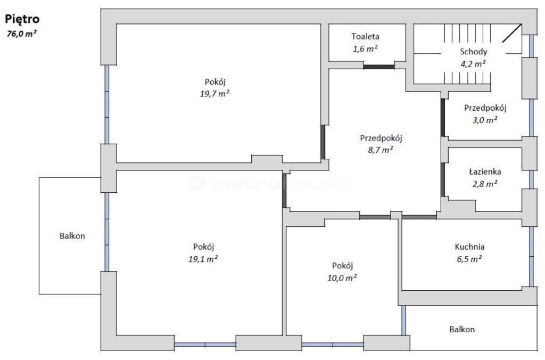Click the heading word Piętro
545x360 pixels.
pyautogui.click(x=22, y=19)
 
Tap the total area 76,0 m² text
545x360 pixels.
pyautogui.click(x=22, y=34)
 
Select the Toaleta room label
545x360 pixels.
pyautogui.click(x=365, y=37)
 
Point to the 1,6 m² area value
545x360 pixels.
pyautogui.click(x=365, y=48)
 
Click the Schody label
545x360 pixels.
pyautogui.click(x=473, y=52)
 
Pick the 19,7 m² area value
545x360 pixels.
pyautogui.click(x=214, y=94)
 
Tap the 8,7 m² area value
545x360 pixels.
pyautogui.click(x=381, y=150)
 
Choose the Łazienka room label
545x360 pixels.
pyautogui.click(x=485, y=171)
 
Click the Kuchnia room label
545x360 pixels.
pyautogui.click(x=469, y=247)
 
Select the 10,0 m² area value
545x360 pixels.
pyautogui.click(x=342, y=278)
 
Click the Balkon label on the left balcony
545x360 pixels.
pyautogui.click(x=72, y=236)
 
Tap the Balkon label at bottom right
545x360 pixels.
pyautogui.click(x=462, y=330)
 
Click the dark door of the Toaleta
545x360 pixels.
pyautogui.click(x=379, y=67)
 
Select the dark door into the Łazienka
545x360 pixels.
pyautogui.click(x=443, y=180)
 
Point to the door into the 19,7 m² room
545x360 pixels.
pyautogui.click(x=323, y=142)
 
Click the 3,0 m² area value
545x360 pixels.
pyautogui.click(x=485, y=120)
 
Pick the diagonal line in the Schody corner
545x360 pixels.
pyautogui.click(x=512, y=34)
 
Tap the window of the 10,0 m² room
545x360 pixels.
pyautogui.click(x=333, y=345)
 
